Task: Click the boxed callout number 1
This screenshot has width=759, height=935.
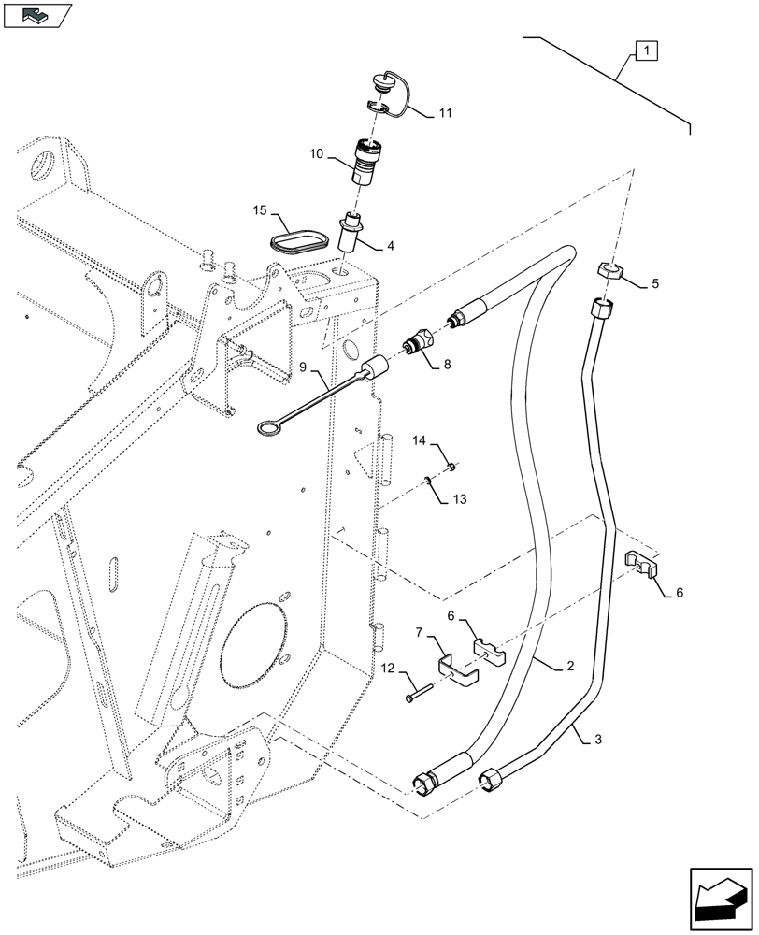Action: (646, 50)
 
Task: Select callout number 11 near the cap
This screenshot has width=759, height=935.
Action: (445, 113)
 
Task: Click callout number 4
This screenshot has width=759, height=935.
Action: (390, 247)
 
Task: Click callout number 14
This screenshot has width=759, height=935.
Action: (420, 440)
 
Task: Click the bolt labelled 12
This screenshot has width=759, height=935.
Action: (424, 693)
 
